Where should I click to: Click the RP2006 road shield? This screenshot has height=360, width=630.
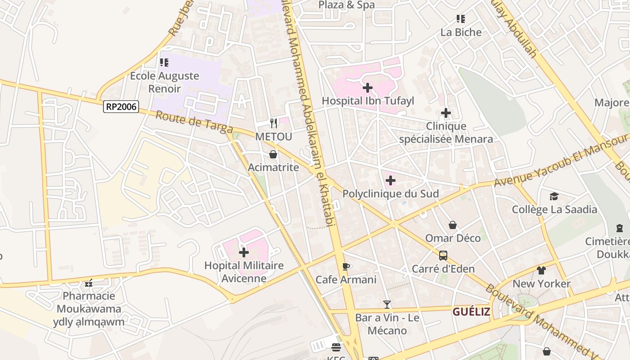point(121,107)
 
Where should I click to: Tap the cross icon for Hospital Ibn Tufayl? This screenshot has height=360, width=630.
point(368,88)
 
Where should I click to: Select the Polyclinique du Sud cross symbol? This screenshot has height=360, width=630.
point(390,181)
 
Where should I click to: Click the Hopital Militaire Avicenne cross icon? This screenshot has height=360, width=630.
point(243,252)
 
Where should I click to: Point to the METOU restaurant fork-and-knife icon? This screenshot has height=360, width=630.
point(273,123)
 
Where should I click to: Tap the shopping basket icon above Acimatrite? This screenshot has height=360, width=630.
point(273,154)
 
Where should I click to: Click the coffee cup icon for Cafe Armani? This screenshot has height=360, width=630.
point(346,266)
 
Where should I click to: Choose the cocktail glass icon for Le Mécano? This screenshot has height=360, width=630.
point(387,305)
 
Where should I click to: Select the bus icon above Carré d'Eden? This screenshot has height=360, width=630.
point(443,256)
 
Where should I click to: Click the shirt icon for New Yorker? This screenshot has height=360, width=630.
point(541,270)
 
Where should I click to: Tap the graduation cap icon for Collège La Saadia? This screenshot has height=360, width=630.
point(554,196)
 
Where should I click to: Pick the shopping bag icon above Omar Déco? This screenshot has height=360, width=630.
point(453,225)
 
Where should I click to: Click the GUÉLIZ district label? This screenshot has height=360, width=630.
point(471,311)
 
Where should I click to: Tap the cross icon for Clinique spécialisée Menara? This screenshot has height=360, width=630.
point(446,113)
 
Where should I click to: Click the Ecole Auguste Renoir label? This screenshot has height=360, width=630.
point(165,82)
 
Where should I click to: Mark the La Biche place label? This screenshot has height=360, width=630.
point(461,32)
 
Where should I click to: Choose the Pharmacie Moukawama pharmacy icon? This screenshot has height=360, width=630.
point(89,283)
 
